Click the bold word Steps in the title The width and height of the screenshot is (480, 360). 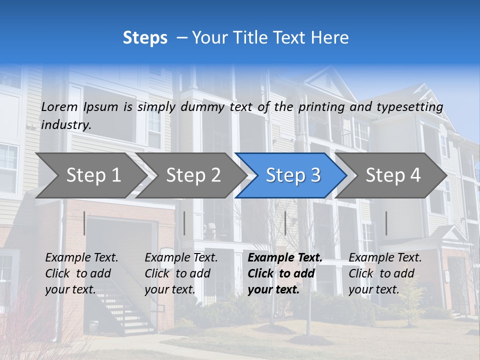[145, 38]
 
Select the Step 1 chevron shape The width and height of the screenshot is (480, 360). [90, 175]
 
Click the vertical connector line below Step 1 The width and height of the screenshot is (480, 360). [84, 223]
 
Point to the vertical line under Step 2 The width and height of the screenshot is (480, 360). [184, 223]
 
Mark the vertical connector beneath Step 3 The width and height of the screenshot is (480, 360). [285, 223]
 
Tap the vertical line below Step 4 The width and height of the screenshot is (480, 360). [386, 223]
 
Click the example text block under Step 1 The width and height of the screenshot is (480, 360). [81, 273]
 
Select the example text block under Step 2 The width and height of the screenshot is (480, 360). [181, 273]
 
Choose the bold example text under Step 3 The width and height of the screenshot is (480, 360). [284, 273]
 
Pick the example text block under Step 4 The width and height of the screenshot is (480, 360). [385, 273]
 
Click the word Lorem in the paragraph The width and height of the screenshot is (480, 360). [59, 107]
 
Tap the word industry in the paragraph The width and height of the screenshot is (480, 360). [66, 125]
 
